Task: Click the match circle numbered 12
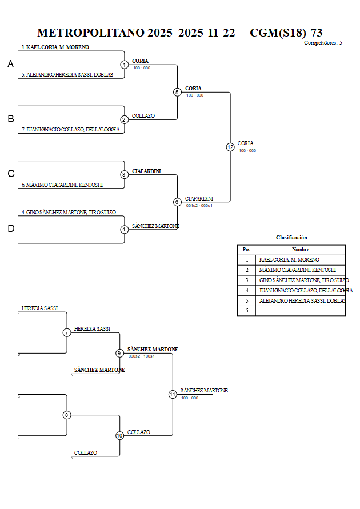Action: [230, 147]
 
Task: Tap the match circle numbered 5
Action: [177, 92]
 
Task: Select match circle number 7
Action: [67, 332]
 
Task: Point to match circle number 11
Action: [173, 394]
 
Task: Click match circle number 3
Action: [124, 174]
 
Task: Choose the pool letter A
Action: [11, 65]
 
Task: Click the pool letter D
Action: [11, 229]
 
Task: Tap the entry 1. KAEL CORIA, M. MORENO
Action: [55, 47]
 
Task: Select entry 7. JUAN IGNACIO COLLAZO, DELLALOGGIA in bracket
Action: [71, 130]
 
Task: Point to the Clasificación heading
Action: [291, 238]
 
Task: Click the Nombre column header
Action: [301, 250]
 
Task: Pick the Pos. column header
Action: [247, 250]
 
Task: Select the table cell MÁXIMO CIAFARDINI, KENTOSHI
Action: [297, 270]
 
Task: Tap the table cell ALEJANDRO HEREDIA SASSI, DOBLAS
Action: [302, 300]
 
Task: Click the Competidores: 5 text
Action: [323, 43]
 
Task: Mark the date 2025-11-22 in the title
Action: [207, 33]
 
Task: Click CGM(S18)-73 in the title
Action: [286, 33]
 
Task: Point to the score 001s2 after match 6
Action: [191, 205]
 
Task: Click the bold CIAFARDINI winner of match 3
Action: [146, 171]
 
